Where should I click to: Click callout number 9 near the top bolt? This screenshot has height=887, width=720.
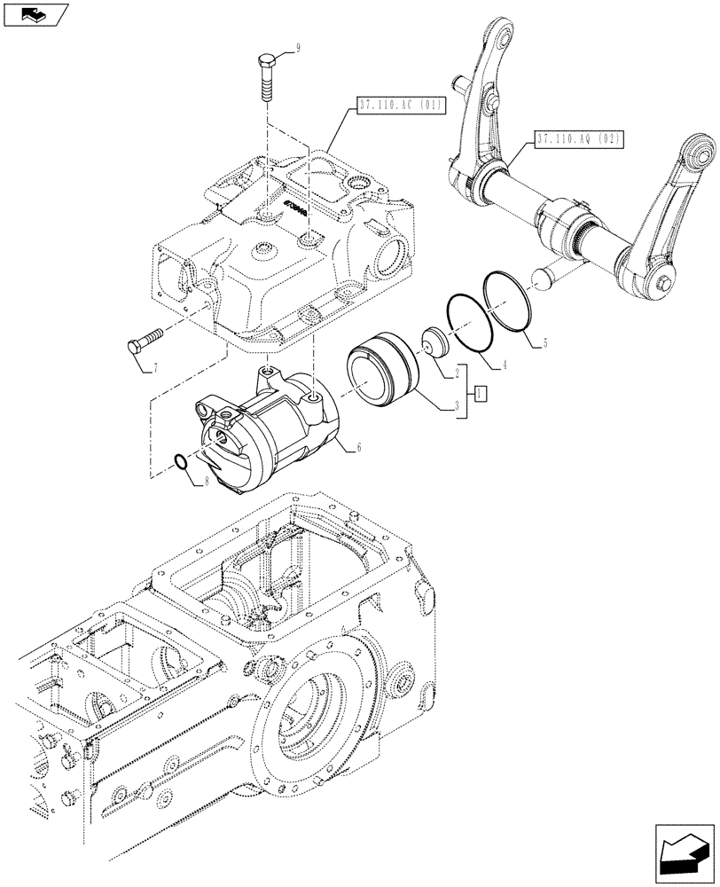(298, 49)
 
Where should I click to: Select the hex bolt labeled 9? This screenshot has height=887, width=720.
(267, 79)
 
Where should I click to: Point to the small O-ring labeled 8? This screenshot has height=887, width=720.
(180, 461)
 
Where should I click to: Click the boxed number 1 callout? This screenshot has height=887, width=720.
(480, 393)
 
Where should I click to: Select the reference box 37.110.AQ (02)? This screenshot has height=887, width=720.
(580, 138)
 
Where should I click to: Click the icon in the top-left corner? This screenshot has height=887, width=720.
(35, 15)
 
